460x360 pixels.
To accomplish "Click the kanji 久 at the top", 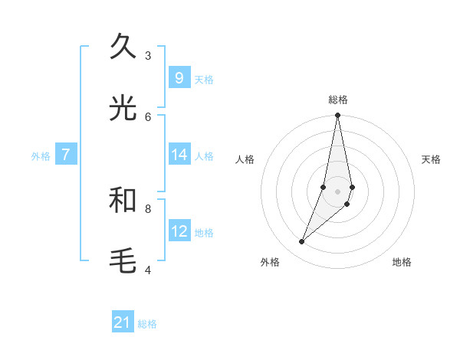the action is point(123,47).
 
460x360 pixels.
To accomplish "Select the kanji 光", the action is point(123,109).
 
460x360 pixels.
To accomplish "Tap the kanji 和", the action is point(123,201).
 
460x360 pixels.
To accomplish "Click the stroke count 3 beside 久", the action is point(148,55).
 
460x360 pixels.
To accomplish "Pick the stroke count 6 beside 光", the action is point(148,116).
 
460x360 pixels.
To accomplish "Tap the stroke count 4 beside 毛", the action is point(148,270).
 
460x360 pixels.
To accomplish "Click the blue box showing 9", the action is point(179,78).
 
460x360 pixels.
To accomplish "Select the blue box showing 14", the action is point(179,155).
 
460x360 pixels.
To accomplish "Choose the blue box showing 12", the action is point(179,231).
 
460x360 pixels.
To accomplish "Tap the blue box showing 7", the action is point(66,155).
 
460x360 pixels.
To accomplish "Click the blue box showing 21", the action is point(123,323).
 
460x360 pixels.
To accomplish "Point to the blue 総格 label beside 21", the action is point(147,324).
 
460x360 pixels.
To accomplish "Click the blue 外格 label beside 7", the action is point(41,155).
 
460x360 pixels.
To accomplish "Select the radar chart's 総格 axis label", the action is point(338,100).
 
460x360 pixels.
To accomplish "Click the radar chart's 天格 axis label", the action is point(431,159).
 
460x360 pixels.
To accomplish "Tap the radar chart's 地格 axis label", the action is point(402,262).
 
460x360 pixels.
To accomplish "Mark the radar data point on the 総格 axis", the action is point(337,116).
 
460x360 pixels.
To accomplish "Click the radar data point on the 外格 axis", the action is point(301,242).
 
